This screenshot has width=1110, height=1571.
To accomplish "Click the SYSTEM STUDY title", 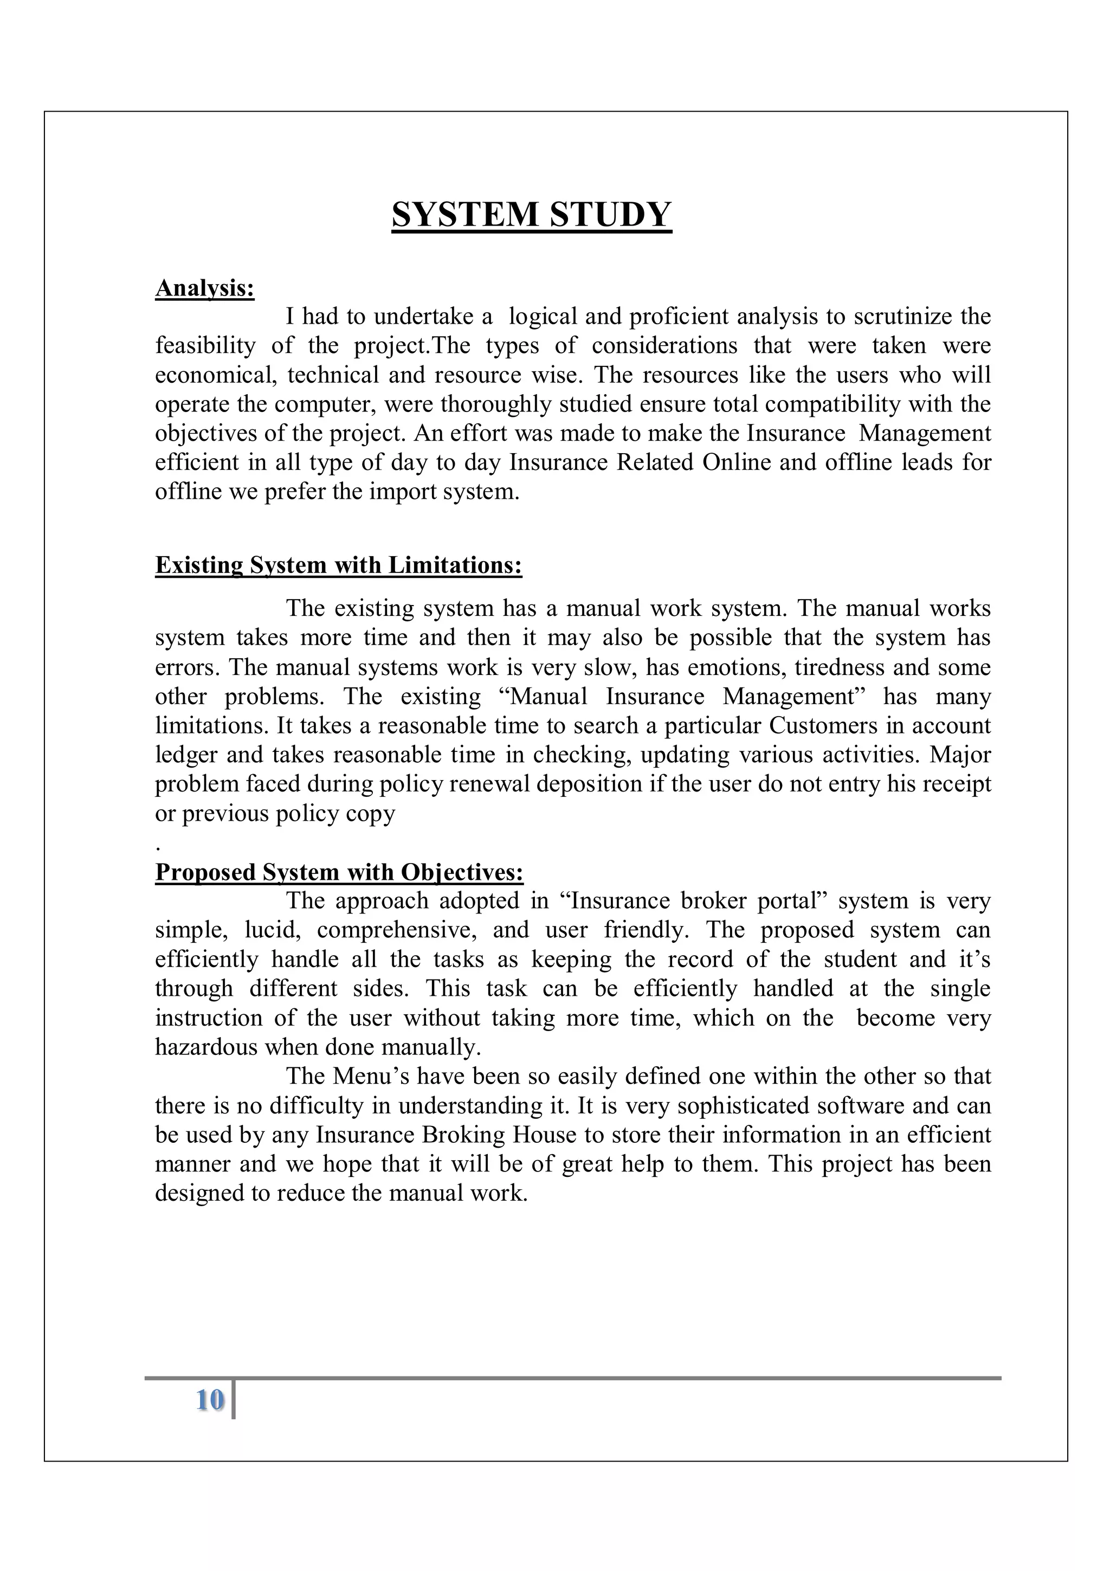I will (531, 214).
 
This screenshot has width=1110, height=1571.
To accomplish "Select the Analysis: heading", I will (204, 288).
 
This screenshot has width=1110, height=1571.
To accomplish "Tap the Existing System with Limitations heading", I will (339, 565).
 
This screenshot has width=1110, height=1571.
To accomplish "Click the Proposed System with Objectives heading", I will (339, 872).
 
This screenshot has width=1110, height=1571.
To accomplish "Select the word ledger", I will (183, 755).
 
